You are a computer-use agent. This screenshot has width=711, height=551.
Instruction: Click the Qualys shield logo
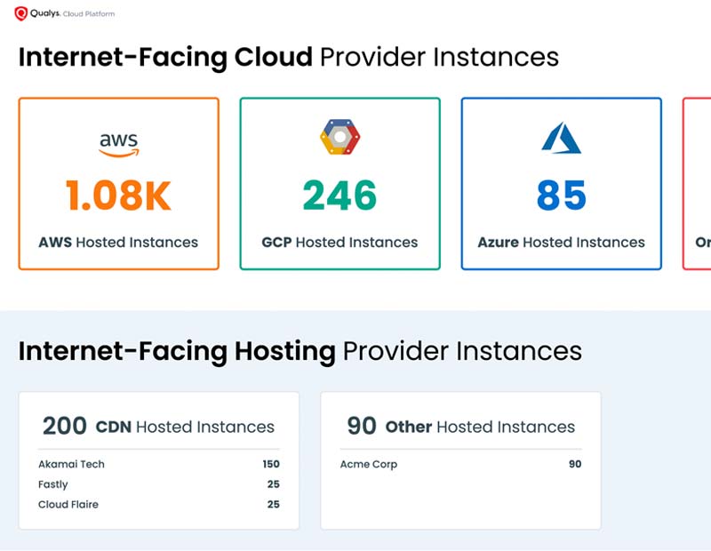pos(21,13)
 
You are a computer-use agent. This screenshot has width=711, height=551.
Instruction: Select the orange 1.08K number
pos(118,196)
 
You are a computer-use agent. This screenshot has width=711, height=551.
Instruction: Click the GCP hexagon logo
pos(340,137)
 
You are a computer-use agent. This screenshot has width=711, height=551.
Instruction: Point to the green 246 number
pos(340,196)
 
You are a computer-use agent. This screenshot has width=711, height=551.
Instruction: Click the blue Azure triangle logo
pos(561,138)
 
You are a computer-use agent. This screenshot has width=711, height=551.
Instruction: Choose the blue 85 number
pos(561,196)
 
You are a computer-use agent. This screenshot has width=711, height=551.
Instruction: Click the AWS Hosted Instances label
pos(118,242)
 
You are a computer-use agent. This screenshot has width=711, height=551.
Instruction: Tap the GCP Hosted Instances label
pos(340,242)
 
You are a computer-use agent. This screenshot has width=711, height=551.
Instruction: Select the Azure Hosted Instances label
pos(561,242)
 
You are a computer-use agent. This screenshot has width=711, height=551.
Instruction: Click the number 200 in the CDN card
pos(65,427)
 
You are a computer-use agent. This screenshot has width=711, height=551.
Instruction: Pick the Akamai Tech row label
pos(71,464)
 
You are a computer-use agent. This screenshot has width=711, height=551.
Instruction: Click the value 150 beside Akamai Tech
pos(270,464)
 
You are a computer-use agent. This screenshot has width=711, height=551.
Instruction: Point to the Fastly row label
pos(53,484)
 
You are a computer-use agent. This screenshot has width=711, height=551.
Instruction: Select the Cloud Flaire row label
pos(68,505)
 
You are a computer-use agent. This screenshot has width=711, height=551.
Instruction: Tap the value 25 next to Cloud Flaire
pos(273,505)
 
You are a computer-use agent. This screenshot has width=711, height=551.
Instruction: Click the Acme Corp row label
pos(369,464)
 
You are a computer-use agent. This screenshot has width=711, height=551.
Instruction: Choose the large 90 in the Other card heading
pos(362,427)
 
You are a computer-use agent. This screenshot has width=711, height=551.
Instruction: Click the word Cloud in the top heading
pos(273,57)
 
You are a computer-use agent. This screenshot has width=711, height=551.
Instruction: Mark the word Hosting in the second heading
pos(284,351)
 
